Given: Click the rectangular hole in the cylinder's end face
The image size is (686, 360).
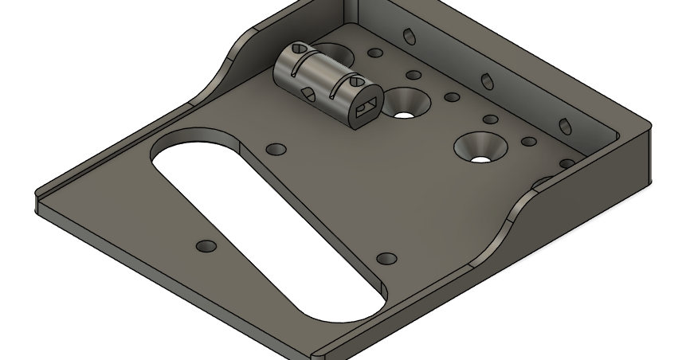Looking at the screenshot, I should (367, 108).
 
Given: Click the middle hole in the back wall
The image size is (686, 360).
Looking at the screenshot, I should (486, 80).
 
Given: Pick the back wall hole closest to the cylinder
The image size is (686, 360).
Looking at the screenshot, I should (410, 37).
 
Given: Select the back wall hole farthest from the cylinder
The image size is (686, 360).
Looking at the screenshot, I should (565, 126).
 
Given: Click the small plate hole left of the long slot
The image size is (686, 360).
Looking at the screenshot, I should (206, 246).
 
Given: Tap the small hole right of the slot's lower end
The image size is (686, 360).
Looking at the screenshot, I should (386, 258).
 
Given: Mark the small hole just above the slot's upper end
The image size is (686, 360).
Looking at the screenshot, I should (276, 150).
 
